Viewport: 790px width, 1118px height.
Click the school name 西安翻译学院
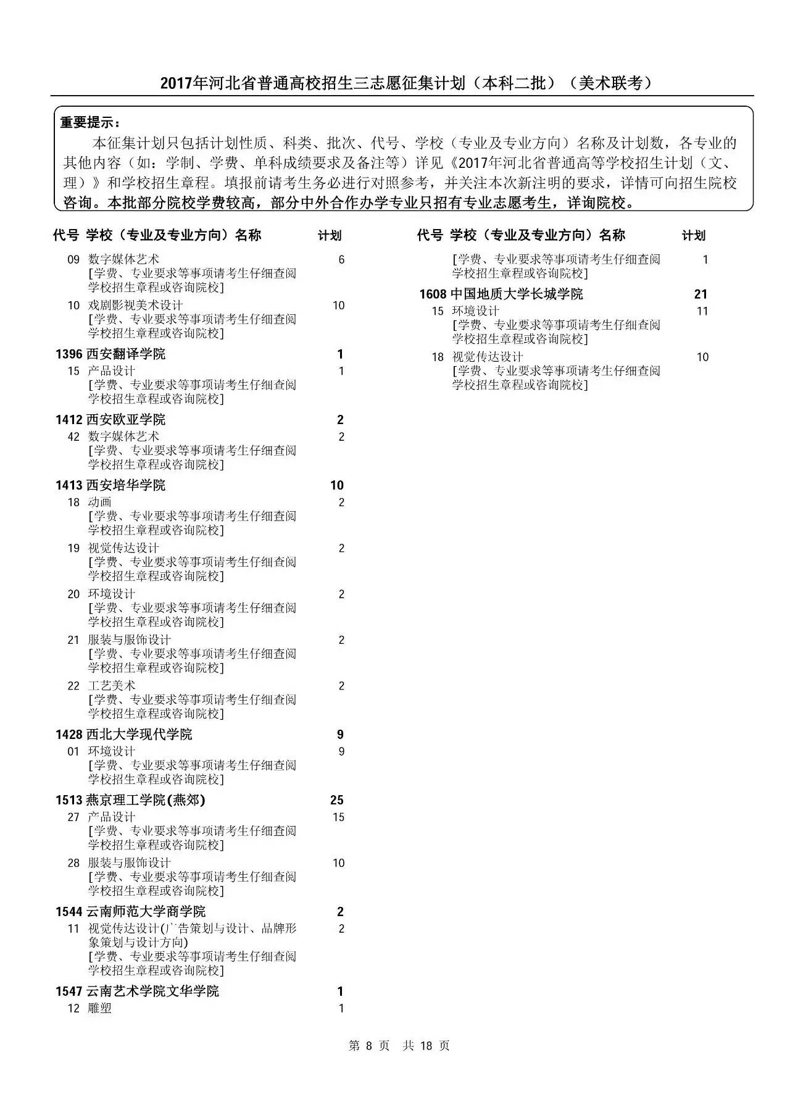(126, 354)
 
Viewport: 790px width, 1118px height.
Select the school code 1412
(69, 420)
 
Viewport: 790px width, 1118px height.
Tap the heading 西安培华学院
(126, 485)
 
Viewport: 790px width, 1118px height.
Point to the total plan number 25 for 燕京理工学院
(336, 800)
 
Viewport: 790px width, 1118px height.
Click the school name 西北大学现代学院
(139, 734)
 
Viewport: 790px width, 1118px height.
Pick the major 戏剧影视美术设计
(135, 305)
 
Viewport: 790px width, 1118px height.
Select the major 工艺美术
(112, 685)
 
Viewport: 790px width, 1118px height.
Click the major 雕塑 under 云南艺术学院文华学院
(100, 1008)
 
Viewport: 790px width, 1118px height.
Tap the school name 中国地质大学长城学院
(517, 294)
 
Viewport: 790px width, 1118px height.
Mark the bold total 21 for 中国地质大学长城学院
(701, 294)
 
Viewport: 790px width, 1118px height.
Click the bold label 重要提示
(89, 122)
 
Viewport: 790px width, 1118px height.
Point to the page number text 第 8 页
(369, 1045)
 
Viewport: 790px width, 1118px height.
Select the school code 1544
(69, 912)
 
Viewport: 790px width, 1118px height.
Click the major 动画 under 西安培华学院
(100, 502)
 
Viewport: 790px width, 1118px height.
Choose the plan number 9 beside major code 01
(341, 751)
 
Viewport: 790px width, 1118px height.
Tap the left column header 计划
(330, 235)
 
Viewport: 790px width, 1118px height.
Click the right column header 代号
(430, 235)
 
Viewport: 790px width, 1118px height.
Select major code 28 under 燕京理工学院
(73, 863)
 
